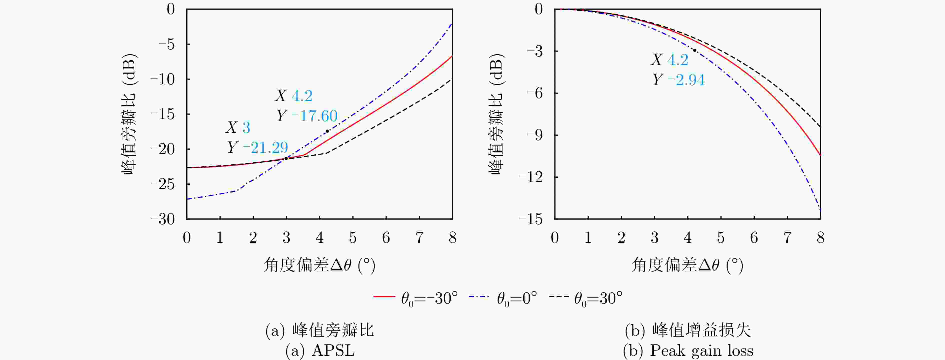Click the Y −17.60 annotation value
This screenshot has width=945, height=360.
(314, 116)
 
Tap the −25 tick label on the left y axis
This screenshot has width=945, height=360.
(162, 184)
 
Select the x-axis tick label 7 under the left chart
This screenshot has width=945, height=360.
(419, 238)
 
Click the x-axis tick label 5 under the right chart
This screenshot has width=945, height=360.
(721, 238)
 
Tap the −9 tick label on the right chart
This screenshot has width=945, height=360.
(534, 135)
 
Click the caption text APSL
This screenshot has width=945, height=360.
(333, 350)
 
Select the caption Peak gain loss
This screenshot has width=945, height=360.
(701, 350)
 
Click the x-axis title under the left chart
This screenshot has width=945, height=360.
(319, 265)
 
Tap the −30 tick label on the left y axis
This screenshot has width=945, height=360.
(162, 219)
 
